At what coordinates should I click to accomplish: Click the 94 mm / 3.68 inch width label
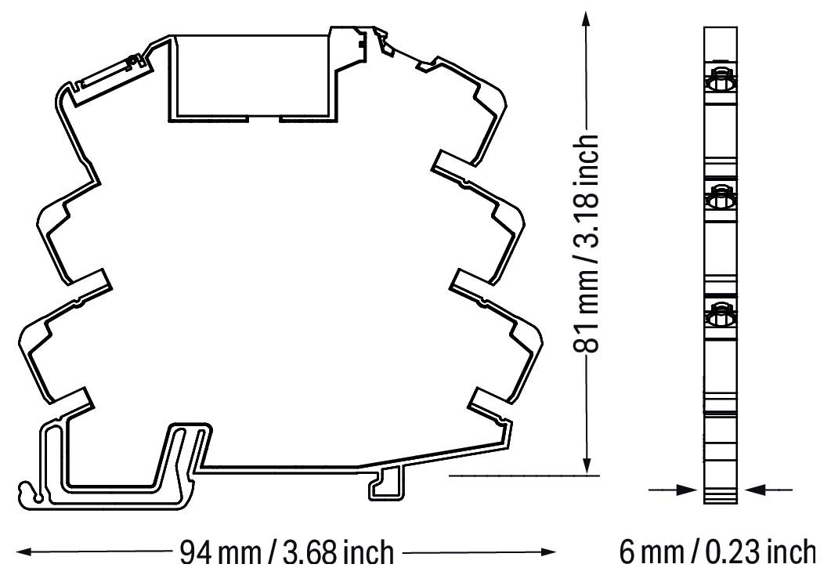pyautogui.click(x=287, y=552)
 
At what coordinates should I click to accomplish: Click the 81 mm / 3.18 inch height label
pyautogui.click(x=587, y=243)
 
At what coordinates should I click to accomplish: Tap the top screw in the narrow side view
pyautogui.click(x=719, y=81)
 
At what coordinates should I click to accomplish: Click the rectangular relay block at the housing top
pyautogui.click(x=249, y=77)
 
